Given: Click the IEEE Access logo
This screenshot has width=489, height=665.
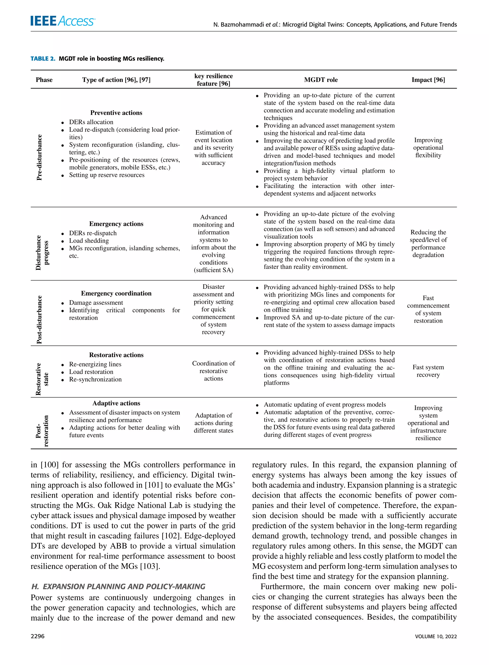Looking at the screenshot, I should tap(63, 21).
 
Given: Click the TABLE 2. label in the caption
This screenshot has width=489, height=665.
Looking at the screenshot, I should tap(43, 59).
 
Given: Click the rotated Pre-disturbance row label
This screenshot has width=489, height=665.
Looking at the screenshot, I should tap(39, 157).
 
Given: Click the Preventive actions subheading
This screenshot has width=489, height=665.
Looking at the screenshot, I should tap(116, 113).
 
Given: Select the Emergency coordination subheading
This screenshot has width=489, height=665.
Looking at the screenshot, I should tap(116, 293).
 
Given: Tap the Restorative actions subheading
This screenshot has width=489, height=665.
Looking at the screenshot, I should tap(116, 355).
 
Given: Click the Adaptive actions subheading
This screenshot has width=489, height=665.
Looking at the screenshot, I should tap(116, 403).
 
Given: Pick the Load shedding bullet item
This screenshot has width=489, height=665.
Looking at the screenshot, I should tap(89, 241).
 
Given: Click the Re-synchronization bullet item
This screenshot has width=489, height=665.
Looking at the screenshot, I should tap(95, 380).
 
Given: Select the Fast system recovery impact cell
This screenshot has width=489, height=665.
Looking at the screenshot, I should tap(428, 371).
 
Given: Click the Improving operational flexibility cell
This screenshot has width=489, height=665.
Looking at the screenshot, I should tap(428, 148).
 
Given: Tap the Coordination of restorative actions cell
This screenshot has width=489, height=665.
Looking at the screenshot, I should tap(213, 371).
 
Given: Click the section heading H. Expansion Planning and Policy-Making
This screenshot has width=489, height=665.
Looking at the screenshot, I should tap(118, 587).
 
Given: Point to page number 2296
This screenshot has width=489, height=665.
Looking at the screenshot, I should tap(37, 636).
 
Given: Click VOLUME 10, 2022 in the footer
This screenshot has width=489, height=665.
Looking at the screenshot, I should tap(436, 636).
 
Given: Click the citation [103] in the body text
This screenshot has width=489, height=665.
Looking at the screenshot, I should tap(150, 566).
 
